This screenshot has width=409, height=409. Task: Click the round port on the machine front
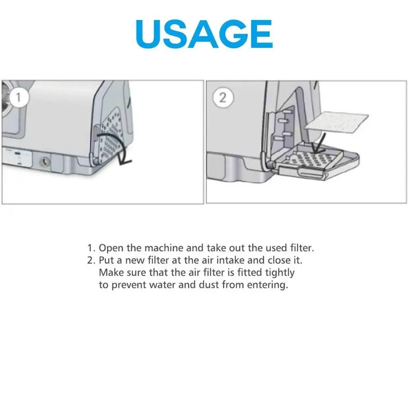pos(43,162)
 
